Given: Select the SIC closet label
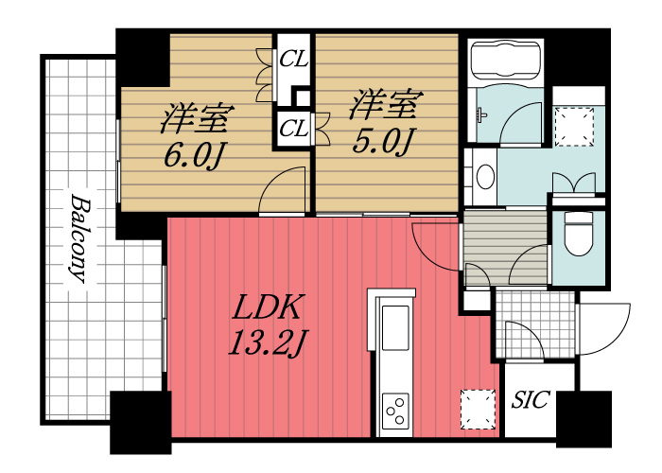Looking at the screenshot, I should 530,400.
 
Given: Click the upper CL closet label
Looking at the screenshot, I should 293,59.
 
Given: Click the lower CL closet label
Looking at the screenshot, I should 293,128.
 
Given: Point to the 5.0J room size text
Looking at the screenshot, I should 383,142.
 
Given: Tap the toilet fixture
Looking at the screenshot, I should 577,232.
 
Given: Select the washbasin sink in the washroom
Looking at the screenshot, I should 485,177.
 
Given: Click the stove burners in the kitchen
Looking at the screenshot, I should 395,412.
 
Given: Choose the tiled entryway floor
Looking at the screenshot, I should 534,324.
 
